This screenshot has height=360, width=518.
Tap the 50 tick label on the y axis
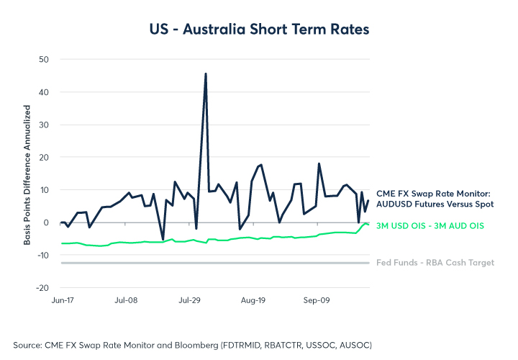pos(43,59)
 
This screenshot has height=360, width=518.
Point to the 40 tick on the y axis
pos(43,92)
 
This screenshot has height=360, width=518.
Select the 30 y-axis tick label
pos(43,125)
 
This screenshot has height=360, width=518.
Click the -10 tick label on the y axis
pos(42,255)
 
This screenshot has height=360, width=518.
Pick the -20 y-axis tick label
pos(42,287)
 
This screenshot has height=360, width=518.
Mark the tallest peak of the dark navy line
pos(206,73)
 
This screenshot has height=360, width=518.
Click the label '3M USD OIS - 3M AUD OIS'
pos(430,226)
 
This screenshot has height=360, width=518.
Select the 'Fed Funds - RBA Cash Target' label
pos(435,263)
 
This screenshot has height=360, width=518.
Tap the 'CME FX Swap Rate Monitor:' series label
pos(433,193)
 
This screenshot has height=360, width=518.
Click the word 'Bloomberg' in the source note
pos(196,344)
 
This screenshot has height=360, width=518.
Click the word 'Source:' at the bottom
pos(29,344)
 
